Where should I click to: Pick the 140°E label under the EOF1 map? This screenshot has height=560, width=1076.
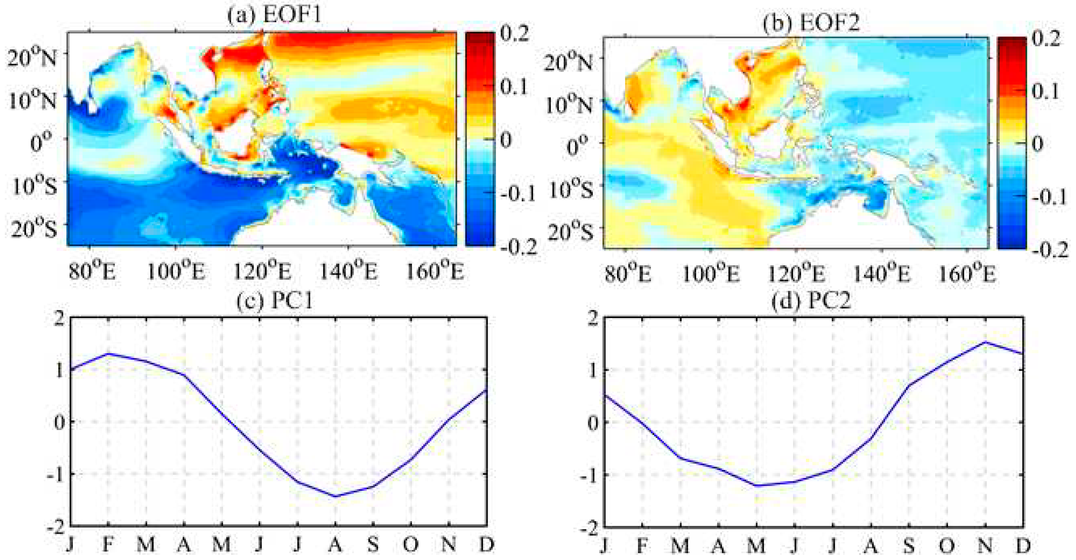coord(348,272)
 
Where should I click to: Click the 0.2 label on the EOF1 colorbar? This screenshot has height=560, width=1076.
coord(515,33)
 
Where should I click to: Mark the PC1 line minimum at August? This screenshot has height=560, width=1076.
coord(335,496)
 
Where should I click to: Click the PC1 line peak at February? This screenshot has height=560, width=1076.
coord(108,354)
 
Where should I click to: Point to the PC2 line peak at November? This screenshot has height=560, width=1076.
coord(985,342)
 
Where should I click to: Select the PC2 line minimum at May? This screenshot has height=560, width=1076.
coord(757,486)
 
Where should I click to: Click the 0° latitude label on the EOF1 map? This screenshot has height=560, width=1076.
coord(41,142)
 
